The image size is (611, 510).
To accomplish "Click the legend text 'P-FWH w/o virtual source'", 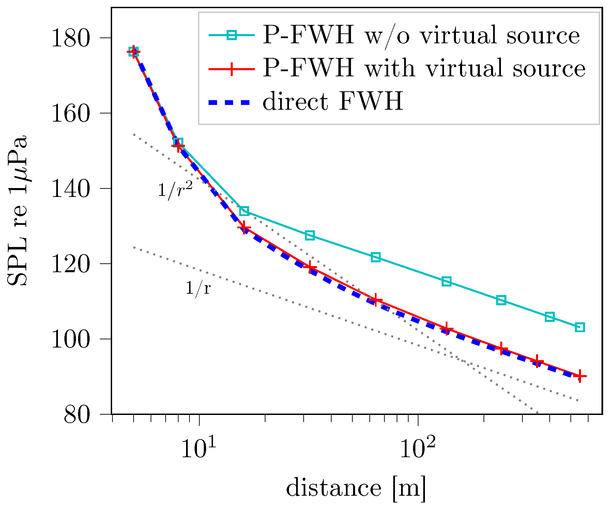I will [x=421, y=35].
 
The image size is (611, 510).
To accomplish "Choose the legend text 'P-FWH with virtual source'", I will [x=424, y=68].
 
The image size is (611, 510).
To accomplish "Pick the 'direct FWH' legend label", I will [x=333, y=101].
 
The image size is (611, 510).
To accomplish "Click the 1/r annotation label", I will [x=198, y=288].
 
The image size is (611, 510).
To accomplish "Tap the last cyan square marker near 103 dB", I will [x=580, y=327].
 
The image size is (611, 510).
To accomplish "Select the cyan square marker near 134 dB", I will [x=244, y=211].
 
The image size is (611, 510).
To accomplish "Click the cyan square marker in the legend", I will [x=232, y=35].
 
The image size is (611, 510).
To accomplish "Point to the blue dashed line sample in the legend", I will [x=232, y=102].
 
